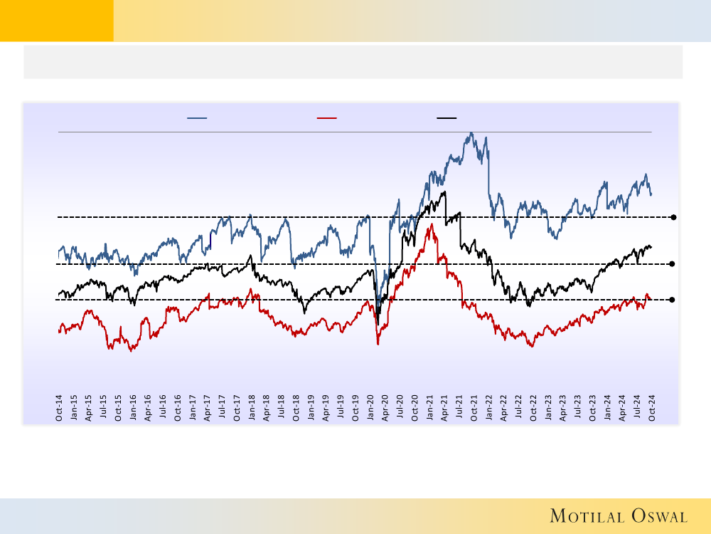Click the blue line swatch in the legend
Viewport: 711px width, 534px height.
click(197, 117)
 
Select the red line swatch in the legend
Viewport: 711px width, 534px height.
click(327, 117)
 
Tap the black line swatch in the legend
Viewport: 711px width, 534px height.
click(447, 117)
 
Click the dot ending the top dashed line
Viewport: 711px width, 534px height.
click(673, 216)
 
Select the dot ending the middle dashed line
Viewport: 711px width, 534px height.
click(673, 264)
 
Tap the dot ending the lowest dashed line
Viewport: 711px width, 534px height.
click(673, 300)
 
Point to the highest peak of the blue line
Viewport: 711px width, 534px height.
click(471, 133)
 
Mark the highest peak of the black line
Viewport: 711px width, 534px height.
click(444, 192)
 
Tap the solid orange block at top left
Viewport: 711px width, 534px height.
click(56, 21)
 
